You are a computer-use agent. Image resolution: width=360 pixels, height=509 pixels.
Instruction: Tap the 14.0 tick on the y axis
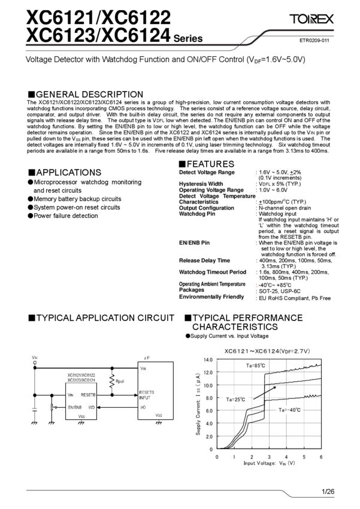(207, 359)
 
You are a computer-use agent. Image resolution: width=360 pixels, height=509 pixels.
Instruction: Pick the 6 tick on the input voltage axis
(322, 456)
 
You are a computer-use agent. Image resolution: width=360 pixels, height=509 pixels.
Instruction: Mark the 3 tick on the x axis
(270, 456)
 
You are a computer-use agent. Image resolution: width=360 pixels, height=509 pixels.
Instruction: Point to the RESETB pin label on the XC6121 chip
(89, 395)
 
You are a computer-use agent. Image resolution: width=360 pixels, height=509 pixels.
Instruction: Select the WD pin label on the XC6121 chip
(92, 407)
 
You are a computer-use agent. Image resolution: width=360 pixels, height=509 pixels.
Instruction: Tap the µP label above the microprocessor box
(147, 357)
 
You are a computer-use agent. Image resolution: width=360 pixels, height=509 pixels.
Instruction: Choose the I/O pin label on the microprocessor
(143, 407)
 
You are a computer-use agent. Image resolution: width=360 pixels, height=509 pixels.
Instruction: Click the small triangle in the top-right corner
(312, 22)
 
